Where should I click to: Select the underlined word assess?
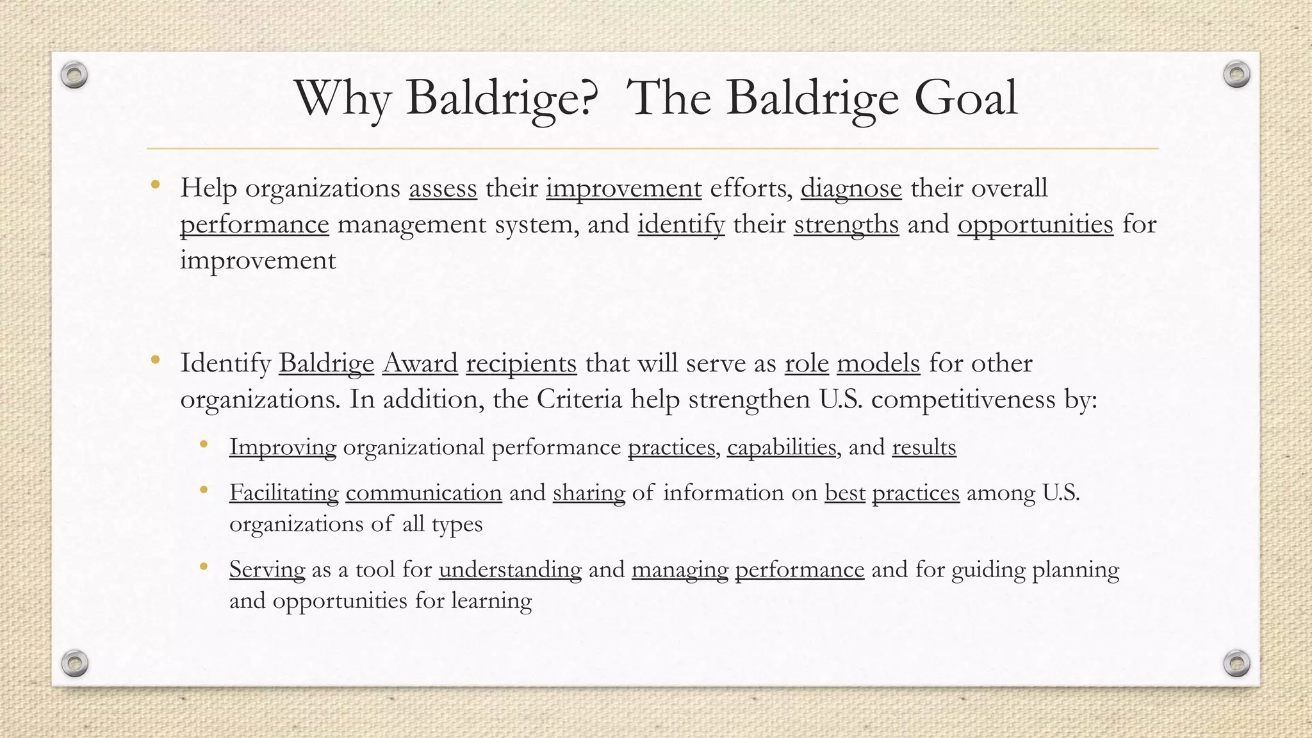(x=443, y=188)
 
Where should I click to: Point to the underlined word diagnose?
(x=851, y=188)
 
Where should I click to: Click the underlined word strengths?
(x=846, y=224)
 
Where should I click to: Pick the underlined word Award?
(x=420, y=363)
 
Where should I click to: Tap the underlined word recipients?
(x=521, y=363)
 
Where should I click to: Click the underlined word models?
(x=878, y=363)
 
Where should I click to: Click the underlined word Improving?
(x=283, y=447)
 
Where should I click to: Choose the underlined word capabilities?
(x=782, y=447)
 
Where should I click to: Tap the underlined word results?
(x=924, y=447)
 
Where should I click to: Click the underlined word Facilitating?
(x=284, y=493)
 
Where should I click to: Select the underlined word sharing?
(x=589, y=493)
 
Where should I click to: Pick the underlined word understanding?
(x=510, y=570)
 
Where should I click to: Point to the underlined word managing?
(x=680, y=570)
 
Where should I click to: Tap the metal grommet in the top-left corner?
(x=74, y=76)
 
